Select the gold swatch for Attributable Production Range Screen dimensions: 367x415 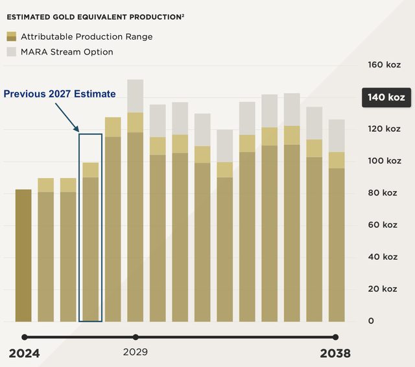[11, 37]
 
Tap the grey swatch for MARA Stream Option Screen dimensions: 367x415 [11, 51]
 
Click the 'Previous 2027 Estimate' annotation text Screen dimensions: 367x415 [60, 94]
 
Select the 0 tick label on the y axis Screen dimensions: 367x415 [371, 321]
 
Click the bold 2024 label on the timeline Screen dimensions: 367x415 [24, 353]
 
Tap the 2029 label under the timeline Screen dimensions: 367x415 [135, 353]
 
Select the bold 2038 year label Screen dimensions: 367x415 [335, 353]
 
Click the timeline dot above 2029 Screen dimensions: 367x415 [135, 337]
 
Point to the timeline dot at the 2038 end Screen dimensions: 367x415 [335, 337]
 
